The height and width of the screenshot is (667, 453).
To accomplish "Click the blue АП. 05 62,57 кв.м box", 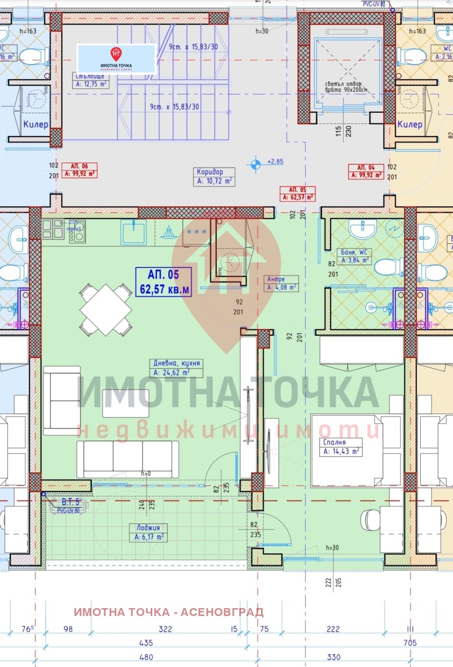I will pyautogui.click(x=163, y=282).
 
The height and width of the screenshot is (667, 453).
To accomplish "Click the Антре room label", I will pyautogui.click(x=282, y=283).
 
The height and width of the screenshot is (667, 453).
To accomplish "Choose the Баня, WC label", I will pyautogui.click(x=354, y=256).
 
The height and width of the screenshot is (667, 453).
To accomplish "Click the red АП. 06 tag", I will pyautogui.click(x=79, y=170).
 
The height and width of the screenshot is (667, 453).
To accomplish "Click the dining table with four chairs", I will pyautogui.click(x=106, y=310).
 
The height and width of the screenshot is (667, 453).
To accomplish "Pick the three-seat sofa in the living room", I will pyautogui.click(x=127, y=459).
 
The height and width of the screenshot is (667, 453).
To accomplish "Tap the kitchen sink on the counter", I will pyautogui.click(x=134, y=232).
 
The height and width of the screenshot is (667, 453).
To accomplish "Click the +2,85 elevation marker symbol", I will pyautogui.click(x=256, y=164).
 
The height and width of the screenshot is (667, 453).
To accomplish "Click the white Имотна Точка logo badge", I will pyautogui.click(x=116, y=58).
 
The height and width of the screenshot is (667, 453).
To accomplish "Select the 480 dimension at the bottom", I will pyautogui.click(x=146, y=657).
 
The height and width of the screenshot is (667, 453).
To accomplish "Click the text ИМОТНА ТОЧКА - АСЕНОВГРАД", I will pyautogui.click(x=169, y=612).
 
